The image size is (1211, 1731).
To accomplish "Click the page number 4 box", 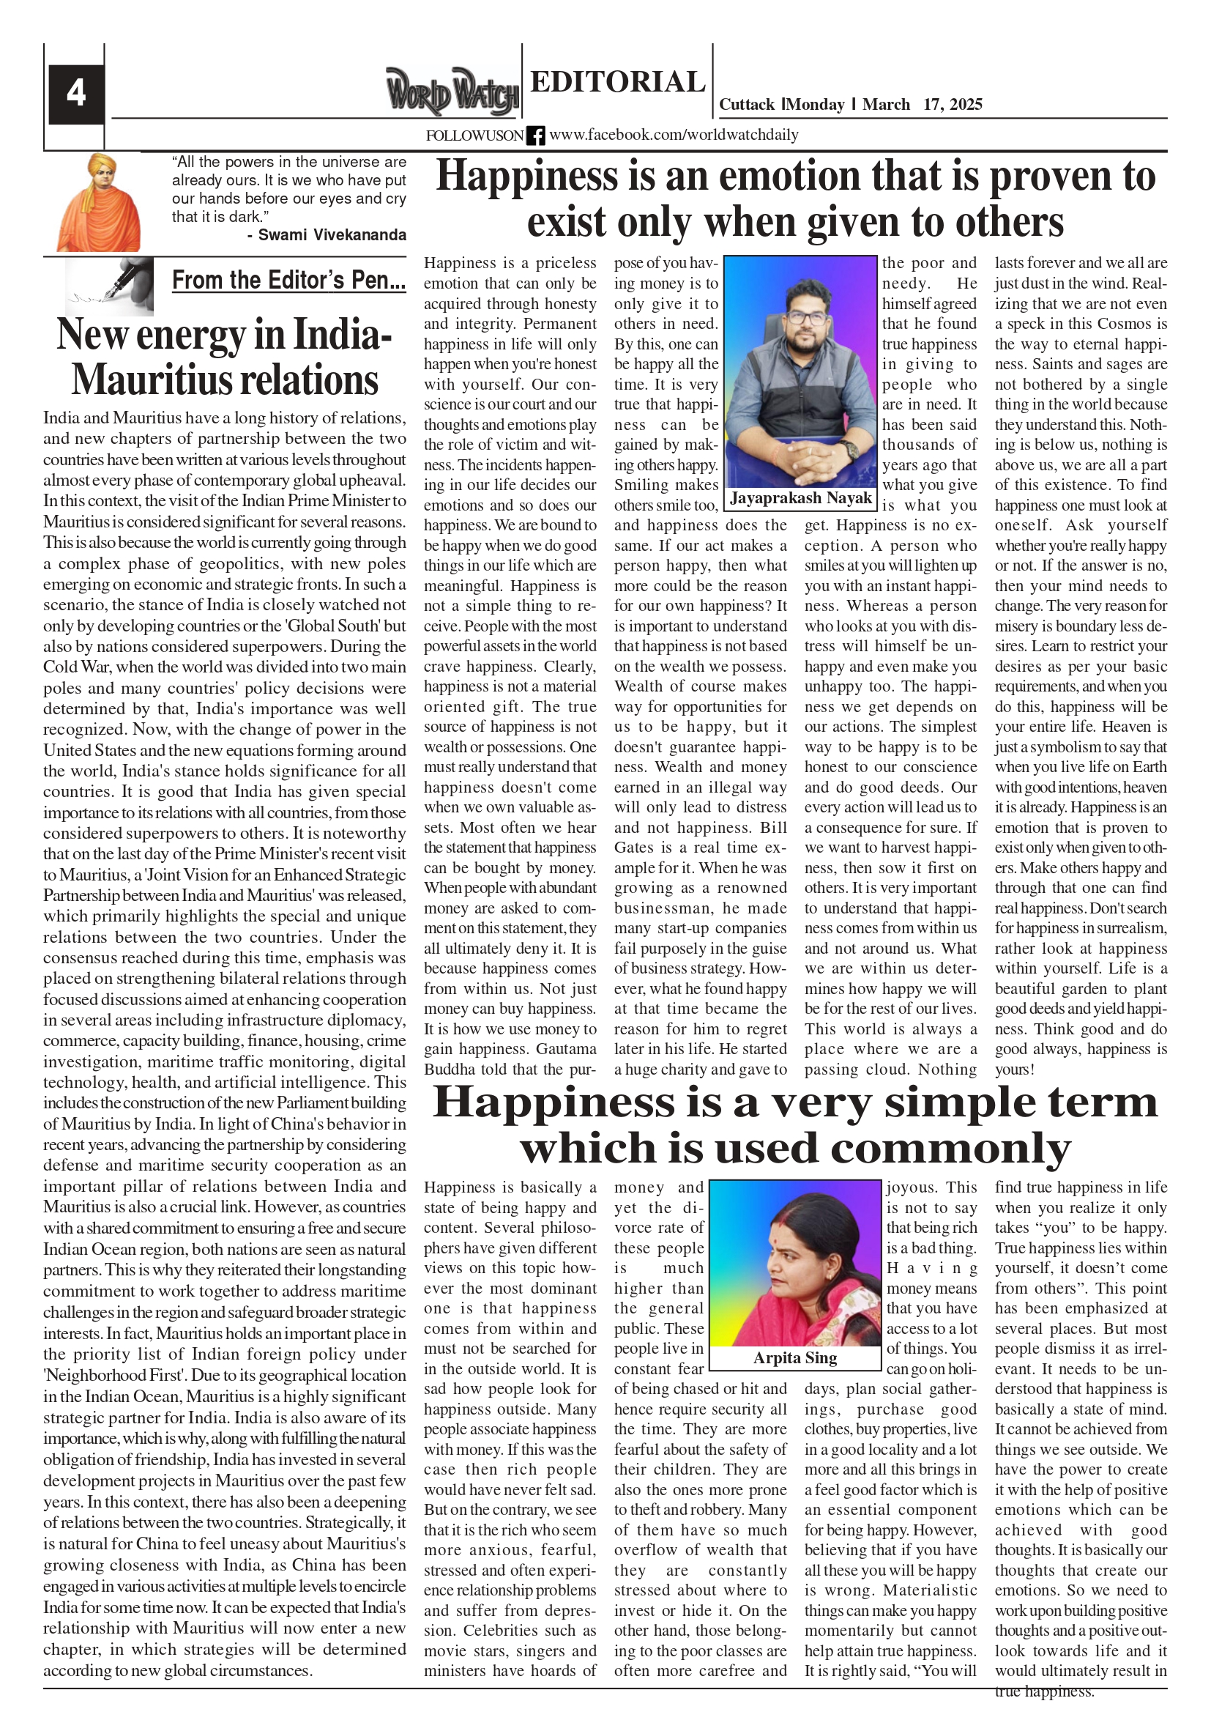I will click(75, 94).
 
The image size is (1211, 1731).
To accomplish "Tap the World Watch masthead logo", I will click(452, 92).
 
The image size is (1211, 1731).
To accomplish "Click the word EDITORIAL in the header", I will click(617, 81).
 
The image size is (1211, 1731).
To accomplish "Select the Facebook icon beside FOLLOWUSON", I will click(536, 136).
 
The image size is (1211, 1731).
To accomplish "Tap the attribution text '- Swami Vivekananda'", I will click(327, 234).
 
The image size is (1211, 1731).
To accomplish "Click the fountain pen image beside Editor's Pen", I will click(110, 285).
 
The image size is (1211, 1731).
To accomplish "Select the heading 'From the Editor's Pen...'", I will click(288, 281).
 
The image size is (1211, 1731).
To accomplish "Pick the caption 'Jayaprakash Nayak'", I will click(800, 497).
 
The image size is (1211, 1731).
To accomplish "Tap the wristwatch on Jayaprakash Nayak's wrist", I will click(850, 450).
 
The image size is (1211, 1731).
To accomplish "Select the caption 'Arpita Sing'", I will click(795, 1358).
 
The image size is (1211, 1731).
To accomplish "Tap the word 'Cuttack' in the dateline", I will click(746, 104).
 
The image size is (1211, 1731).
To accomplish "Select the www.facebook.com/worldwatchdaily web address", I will click(673, 135).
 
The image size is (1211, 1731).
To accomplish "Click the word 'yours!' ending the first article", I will click(1014, 1069).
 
